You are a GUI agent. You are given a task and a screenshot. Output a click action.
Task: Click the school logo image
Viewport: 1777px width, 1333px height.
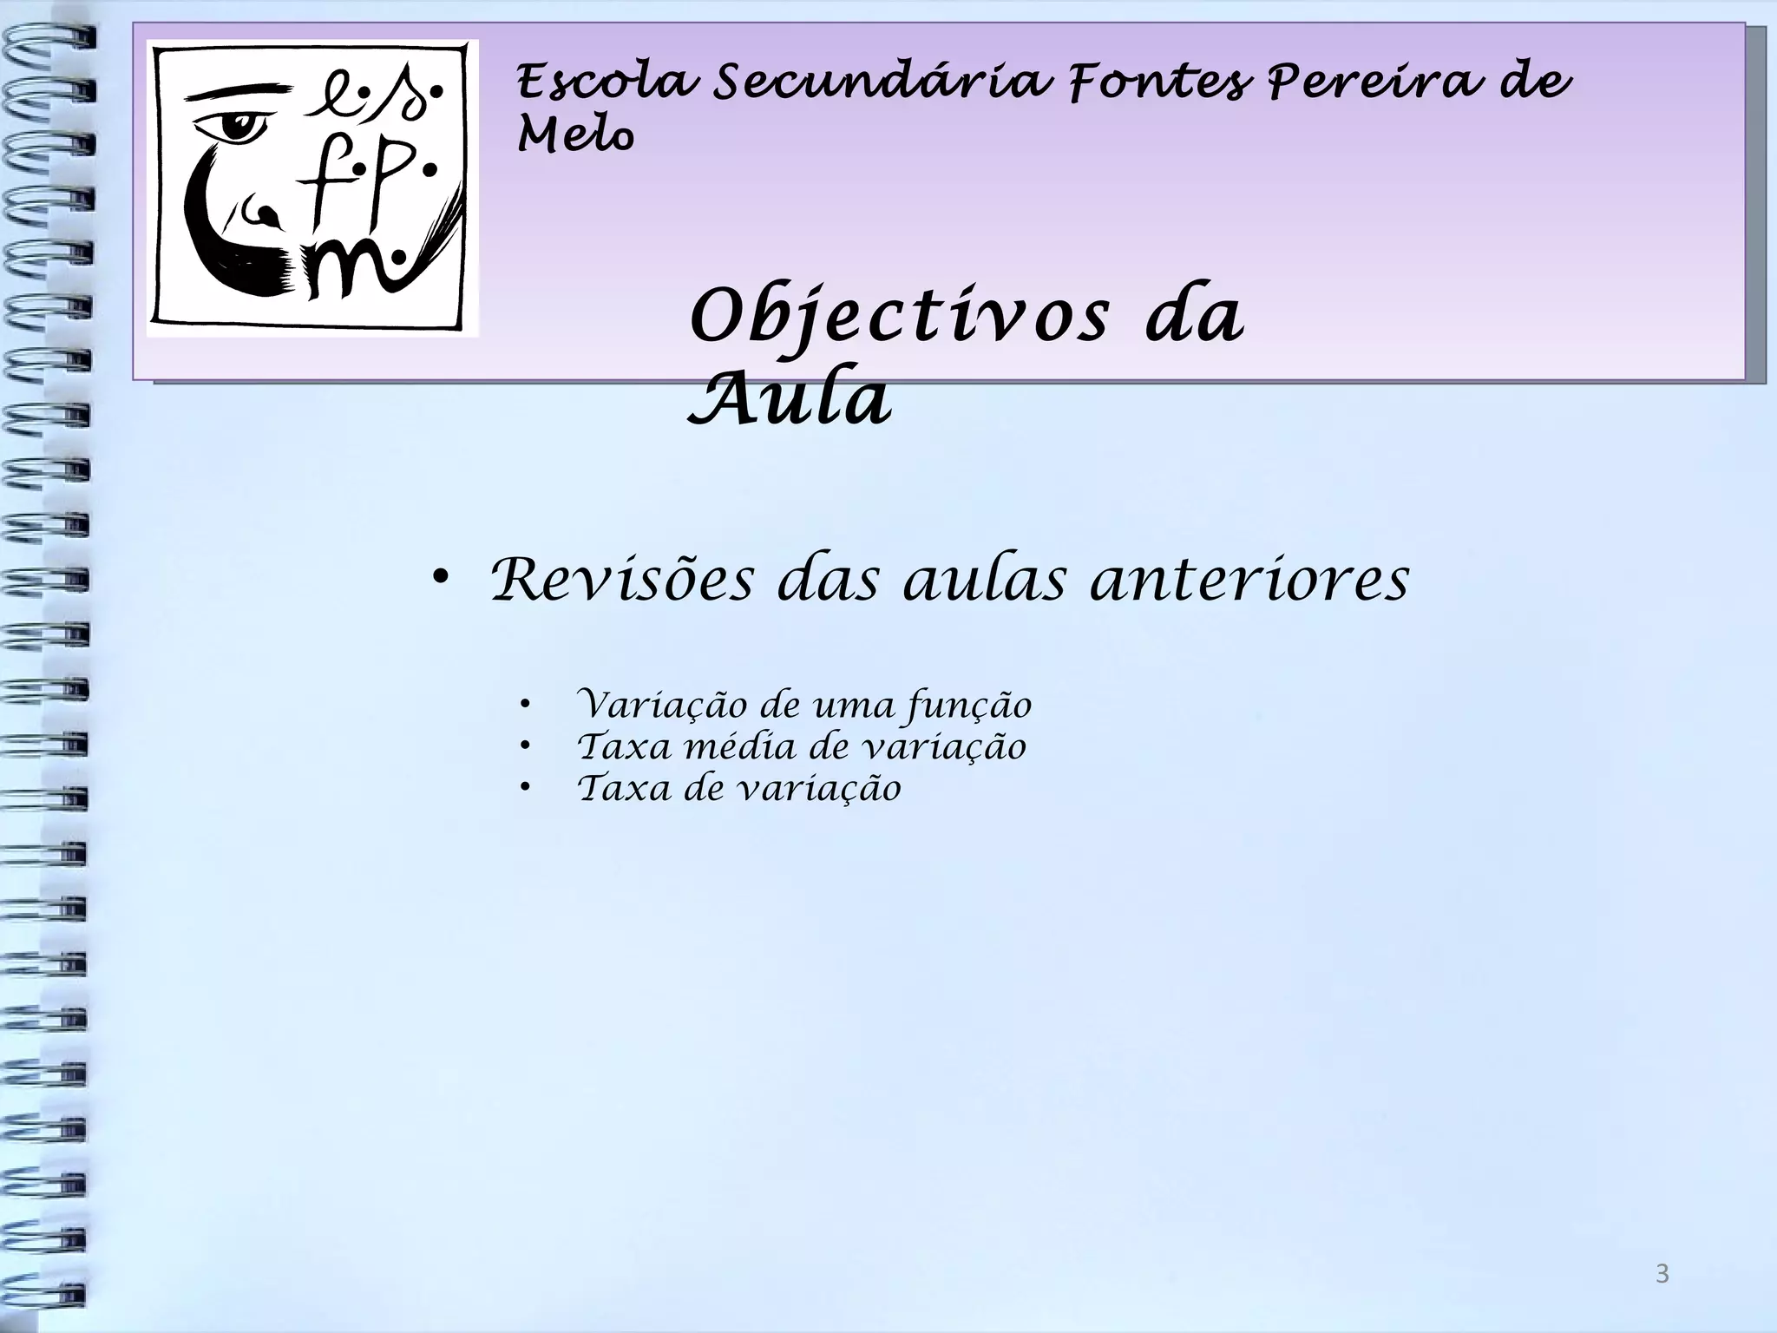point(312,187)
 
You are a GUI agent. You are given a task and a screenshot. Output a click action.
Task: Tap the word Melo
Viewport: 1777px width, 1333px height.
point(575,135)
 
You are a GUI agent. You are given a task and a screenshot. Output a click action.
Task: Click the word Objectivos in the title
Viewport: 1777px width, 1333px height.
point(899,318)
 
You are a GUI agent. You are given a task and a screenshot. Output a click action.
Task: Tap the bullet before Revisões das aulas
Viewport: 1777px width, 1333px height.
point(441,578)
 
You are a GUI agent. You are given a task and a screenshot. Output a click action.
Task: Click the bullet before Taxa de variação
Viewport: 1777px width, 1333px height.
point(524,788)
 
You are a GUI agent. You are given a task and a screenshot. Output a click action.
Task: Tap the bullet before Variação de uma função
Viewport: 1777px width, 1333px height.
point(524,705)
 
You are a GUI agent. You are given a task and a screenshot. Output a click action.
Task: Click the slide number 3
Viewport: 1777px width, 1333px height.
point(1662,1273)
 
